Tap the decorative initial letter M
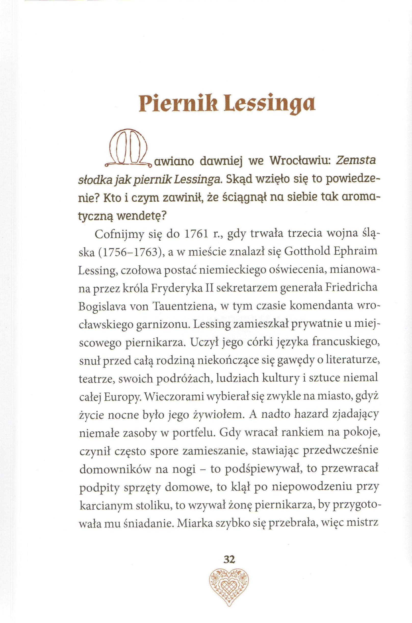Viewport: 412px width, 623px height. point(128,149)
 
